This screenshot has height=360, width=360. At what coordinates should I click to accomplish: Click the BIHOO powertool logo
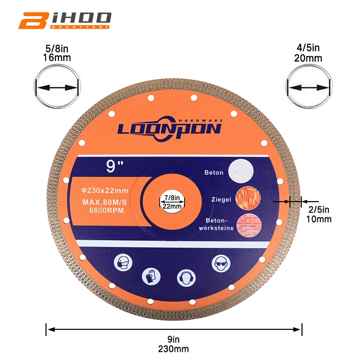[64, 20]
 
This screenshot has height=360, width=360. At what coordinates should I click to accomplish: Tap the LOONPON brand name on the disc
[169, 129]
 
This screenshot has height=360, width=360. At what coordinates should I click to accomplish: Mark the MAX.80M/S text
[105, 202]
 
